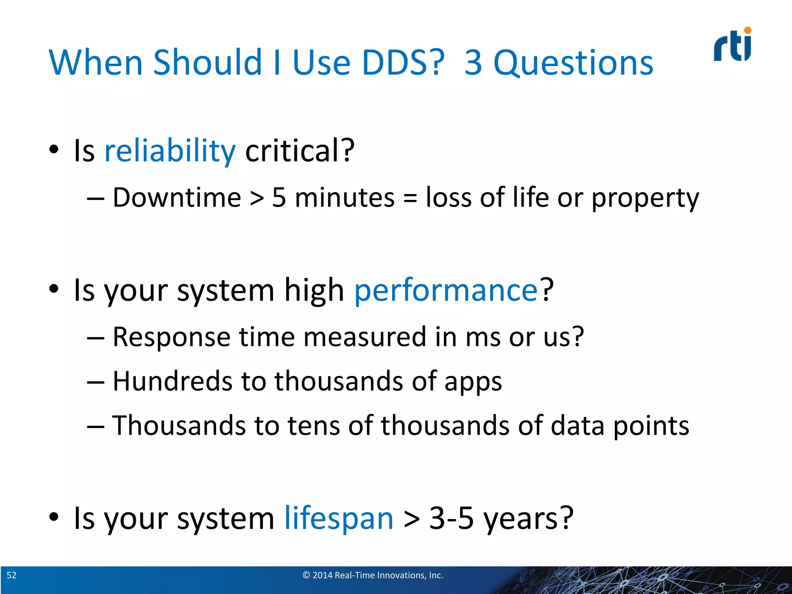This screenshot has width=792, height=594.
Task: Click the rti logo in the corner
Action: [x=732, y=46]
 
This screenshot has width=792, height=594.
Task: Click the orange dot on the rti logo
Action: [x=748, y=30]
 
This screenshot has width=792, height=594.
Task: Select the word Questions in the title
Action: [x=573, y=63]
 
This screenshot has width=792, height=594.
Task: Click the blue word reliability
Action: [x=170, y=150]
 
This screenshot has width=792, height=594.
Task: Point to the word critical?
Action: [x=300, y=150]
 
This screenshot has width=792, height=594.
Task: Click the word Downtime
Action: [x=177, y=198]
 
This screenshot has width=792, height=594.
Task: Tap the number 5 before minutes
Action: [x=279, y=198]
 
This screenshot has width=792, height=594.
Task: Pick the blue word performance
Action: [x=446, y=290]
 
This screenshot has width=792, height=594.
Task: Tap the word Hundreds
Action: [x=172, y=381]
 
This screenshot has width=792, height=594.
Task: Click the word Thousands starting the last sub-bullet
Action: [x=179, y=426]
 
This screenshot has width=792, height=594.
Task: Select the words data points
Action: [x=620, y=426]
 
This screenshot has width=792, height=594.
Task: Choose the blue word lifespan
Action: [x=339, y=518]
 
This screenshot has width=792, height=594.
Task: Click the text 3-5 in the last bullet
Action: [x=451, y=518]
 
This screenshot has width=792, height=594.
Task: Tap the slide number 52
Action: [x=12, y=575]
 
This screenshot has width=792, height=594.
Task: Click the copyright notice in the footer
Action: [x=373, y=575]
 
